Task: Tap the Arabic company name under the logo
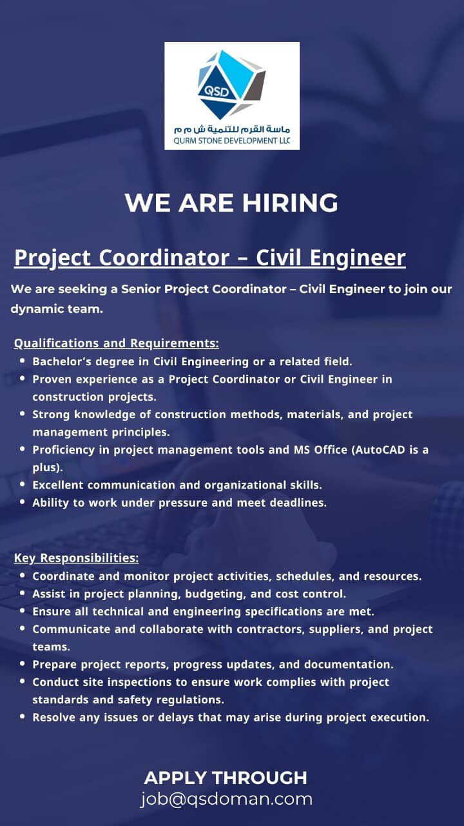tap(232, 129)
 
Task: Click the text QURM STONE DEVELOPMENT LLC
tap(232, 141)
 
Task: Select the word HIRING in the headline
tap(290, 203)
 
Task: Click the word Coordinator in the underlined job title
tap(164, 257)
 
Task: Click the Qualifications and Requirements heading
tap(117, 343)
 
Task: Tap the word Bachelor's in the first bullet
tap(62, 361)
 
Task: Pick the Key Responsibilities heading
tap(76, 558)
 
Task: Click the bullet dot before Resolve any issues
tap(23, 716)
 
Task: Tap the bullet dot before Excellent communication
tap(23, 484)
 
